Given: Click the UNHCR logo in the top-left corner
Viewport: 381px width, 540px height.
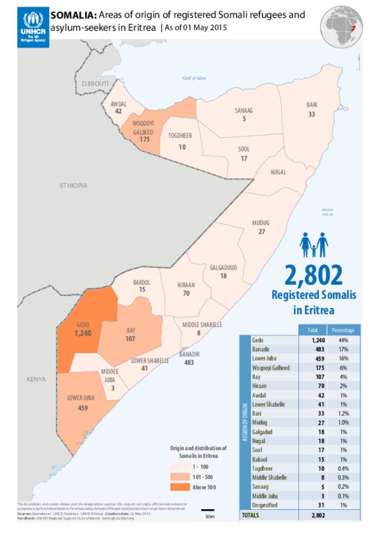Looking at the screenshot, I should (33, 27).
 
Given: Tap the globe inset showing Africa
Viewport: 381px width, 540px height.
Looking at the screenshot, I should (341, 26).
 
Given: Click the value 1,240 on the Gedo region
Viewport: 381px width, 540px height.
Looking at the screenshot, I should (83, 333).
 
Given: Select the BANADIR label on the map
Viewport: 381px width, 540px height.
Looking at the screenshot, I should (189, 354).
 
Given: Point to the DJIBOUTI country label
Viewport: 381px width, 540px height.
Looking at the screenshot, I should (95, 83).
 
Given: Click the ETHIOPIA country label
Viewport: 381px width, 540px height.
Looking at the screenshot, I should (74, 186).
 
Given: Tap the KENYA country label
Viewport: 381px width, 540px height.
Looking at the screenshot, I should (36, 379).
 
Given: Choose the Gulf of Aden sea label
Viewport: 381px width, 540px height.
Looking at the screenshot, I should (194, 78).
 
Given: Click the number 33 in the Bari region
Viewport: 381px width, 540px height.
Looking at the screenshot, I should (311, 114).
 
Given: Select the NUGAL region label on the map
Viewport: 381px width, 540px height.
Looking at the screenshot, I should (278, 172).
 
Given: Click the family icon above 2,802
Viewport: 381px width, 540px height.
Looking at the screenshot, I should (314, 245).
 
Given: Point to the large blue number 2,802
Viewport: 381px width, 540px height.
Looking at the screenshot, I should (313, 275).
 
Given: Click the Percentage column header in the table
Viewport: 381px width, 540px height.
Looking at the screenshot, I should (343, 330).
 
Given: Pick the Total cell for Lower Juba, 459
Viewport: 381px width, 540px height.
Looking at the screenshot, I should (320, 359).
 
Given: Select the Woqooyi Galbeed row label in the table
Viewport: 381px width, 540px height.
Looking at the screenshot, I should (270, 368).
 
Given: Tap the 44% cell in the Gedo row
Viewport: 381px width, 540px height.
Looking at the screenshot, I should (343, 340).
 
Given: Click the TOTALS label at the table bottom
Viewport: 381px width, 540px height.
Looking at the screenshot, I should (250, 515).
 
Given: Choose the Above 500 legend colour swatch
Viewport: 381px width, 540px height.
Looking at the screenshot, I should (180, 487).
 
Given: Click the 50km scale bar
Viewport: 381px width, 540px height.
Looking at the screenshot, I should (208, 510).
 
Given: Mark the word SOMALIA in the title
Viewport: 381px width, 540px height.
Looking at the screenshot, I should (74, 15).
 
